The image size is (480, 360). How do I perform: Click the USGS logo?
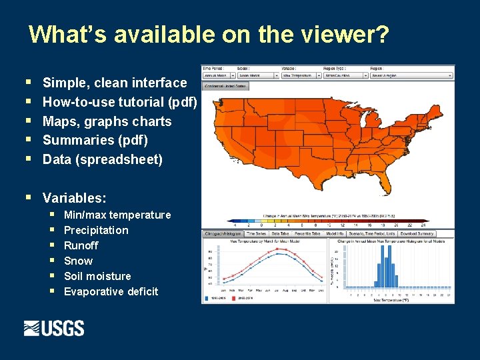point(54,328)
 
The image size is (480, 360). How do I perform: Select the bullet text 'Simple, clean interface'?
point(115,83)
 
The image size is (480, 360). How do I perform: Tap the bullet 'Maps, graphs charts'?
point(107,121)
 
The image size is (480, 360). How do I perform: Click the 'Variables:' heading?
point(74,198)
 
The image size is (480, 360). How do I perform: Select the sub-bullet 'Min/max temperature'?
point(117,215)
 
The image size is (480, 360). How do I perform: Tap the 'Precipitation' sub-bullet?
point(96,230)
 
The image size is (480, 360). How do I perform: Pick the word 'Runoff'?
point(81,245)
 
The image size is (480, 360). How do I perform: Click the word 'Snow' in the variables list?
point(78,261)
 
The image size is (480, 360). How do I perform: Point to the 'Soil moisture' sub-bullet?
point(97,276)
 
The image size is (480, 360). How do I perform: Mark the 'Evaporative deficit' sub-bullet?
point(111,291)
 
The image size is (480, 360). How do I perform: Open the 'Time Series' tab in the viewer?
point(256,234)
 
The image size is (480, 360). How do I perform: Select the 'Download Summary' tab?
point(417,234)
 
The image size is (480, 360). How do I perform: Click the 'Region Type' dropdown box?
point(345,75)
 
